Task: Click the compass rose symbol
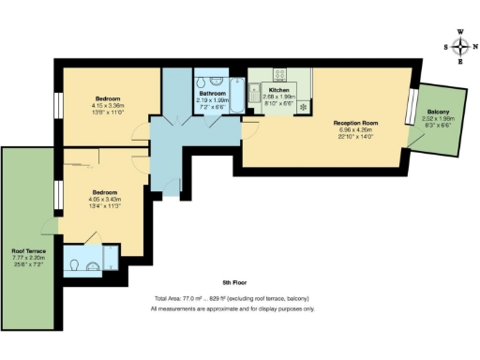[460, 45]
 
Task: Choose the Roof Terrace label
[28, 251]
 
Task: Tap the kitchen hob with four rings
[279, 74]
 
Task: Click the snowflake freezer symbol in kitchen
[303, 107]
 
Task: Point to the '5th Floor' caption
[233, 282]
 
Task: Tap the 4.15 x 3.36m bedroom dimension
[109, 105]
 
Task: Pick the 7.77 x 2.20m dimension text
[28, 259]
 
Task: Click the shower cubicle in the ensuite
[109, 255]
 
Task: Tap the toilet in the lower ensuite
[75, 265]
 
